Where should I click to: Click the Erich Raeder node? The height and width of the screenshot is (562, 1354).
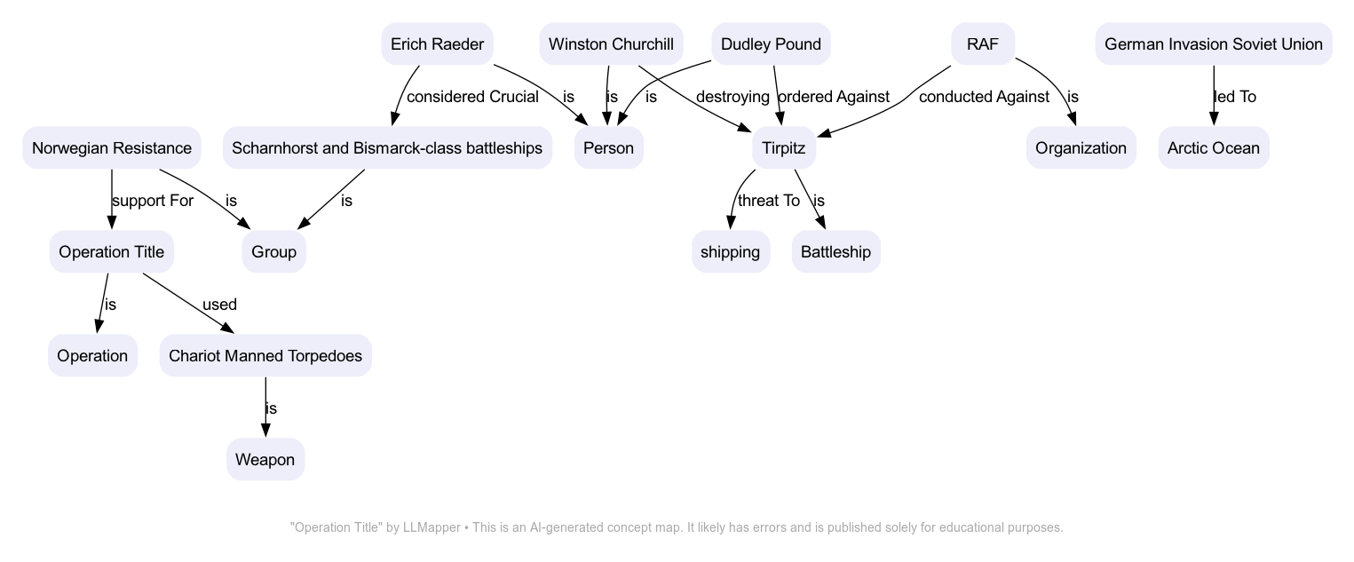click(x=437, y=44)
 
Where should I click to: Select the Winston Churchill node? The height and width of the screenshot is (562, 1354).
click(x=611, y=44)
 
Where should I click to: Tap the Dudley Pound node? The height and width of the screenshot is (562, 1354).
click(x=771, y=44)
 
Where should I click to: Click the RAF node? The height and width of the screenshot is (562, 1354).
click(x=982, y=44)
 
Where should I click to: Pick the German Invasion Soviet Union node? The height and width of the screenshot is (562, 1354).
click(x=1213, y=44)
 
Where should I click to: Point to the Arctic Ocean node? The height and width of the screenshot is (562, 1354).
click(x=1213, y=148)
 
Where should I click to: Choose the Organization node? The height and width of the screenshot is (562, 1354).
click(x=1081, y=148)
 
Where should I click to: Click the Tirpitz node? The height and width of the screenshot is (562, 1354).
click(x=784, y=148)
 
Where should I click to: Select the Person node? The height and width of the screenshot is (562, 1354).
click(x=608, y=148)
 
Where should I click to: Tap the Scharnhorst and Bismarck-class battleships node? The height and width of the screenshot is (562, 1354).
click(x=387, y=148)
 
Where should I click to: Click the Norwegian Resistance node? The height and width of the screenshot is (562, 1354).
click(x=112, y=148)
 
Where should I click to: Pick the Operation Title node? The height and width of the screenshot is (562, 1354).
click(x=112, y=252)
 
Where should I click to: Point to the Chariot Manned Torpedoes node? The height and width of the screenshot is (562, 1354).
click(x=265, y=356)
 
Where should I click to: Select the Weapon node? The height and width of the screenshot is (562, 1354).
click(x=265, y=460)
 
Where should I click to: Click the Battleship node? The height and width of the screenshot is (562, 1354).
click(x=835, y=252)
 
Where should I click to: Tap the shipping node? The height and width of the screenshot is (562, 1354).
click(x=730, y=252)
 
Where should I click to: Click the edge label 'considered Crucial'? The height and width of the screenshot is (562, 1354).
click(x=472, y=97)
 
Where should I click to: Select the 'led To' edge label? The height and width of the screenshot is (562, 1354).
click(x=1235, y=97)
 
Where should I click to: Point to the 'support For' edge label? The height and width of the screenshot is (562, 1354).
click(x=153, y=201)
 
